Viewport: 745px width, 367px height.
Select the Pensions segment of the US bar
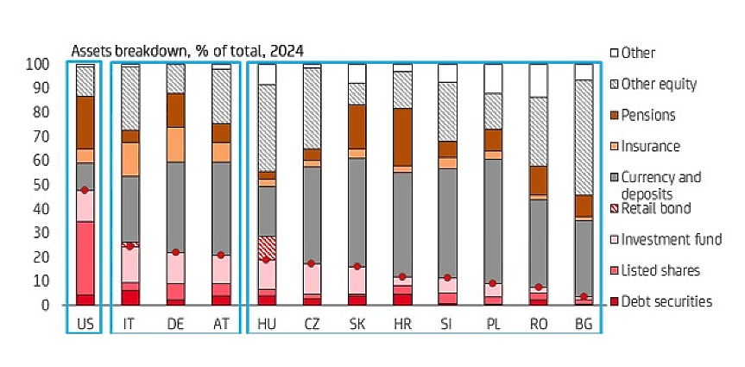[85, 122]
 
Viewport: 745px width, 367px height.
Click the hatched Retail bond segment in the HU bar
[266, 247]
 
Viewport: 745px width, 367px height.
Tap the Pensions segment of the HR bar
[402, 137]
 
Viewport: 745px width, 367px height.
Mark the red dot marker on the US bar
[85, 190]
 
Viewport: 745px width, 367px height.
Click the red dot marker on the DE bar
[175, 252]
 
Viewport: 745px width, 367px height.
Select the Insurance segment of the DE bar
[175, 144]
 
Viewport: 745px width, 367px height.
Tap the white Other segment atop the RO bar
[539, 80]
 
